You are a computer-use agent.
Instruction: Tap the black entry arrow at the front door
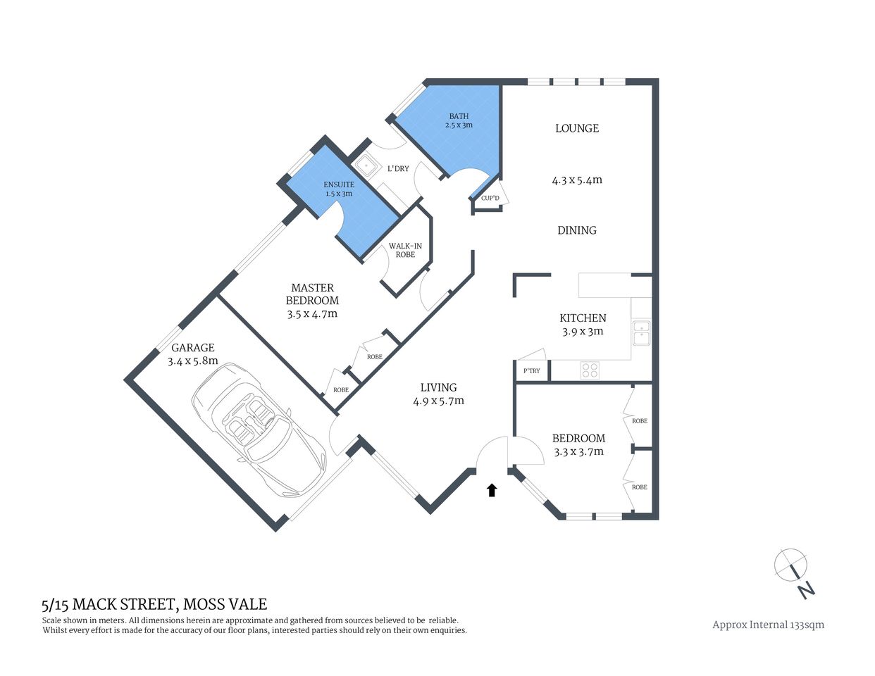[492, 490]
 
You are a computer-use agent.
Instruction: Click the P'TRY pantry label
[532, 371]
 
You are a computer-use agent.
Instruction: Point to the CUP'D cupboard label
[490, 199]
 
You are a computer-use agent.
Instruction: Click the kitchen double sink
[641, 333]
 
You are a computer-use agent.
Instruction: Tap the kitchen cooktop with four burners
[590, 370]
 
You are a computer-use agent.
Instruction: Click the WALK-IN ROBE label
[405, 250]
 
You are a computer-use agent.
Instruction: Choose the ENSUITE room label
[339, 189]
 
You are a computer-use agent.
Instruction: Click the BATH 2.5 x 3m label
[458, 120]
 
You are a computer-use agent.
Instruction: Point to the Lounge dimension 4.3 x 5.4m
[577, 180]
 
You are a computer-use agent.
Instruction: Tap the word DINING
[577, 230]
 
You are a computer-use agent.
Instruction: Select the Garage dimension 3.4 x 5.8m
[192, 361]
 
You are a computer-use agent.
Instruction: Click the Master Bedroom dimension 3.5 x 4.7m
[312, 314]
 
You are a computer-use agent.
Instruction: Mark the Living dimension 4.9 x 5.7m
[438, 401]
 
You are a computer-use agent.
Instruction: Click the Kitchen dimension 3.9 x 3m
[583, 331]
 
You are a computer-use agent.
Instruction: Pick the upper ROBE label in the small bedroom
[640, 421]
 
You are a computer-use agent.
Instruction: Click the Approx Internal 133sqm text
[768, 625]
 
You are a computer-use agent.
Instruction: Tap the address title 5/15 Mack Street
[154, 604]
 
